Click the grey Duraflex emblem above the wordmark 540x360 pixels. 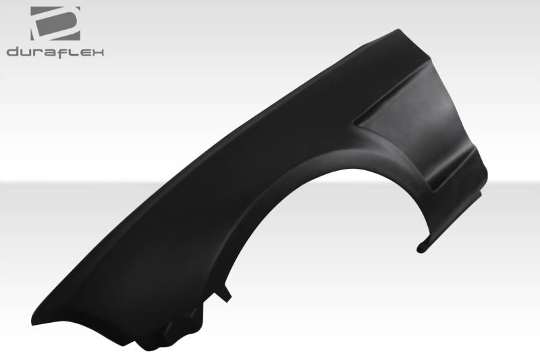coord(55,24)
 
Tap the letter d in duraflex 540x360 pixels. coord(13,52)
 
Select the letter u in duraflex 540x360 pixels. coord(26,53)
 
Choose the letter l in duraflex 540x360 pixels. coord(71,52)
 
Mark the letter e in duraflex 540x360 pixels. coord(81,53)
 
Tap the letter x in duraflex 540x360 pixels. coord(97,53)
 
